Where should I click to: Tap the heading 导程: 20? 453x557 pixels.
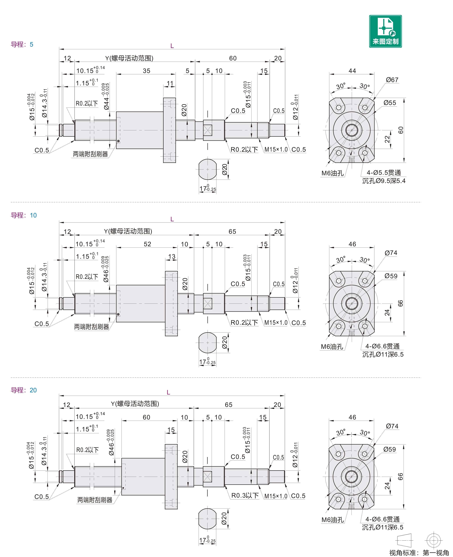[23, 390]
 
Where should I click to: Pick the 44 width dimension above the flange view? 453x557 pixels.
[352, 71]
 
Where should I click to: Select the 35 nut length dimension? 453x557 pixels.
[146, 71]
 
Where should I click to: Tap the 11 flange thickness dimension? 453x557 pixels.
[170, 83]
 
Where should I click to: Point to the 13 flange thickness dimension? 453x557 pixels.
[172, 257]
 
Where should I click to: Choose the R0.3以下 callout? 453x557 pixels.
[245, 496]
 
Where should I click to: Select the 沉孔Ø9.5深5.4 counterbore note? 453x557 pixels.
[384, 181]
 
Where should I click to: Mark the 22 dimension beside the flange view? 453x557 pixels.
[387, 139]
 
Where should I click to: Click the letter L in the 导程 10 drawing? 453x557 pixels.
[172, 219]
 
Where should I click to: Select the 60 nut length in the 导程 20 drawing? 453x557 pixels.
[146, 417]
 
